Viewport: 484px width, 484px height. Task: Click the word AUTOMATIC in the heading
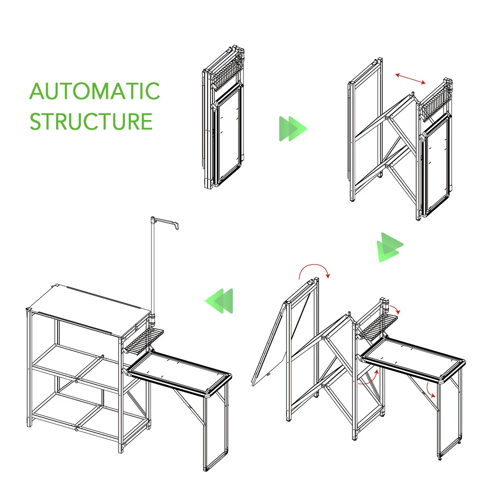(x=94, y=91)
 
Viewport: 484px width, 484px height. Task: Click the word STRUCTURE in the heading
(x=91, y=121)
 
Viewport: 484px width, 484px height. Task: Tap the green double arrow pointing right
(x=292, y=129)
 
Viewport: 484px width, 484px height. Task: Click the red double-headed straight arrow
(x=410, y=78)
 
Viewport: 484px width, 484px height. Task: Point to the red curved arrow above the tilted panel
(x=314, y=269)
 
